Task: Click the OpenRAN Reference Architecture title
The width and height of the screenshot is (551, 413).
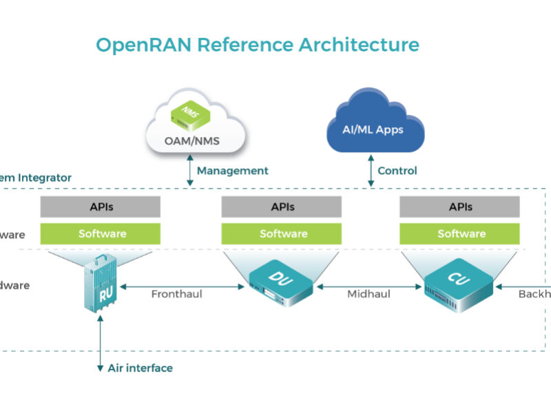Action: click(x=257, y=45)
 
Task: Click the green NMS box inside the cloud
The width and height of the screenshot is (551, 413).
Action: click(x=188, y=114)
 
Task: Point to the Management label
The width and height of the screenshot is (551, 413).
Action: click(x=232, y=171)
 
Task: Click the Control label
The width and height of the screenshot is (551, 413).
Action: click(x=397, y=171)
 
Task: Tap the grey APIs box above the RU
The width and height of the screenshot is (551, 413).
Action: click(x=101, y=206)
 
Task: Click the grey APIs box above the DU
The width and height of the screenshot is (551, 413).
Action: click(x=281, y=206)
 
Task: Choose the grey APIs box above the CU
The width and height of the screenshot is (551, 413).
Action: click(x=461, y=206)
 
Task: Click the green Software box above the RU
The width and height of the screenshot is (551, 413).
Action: click(x=101, y=234)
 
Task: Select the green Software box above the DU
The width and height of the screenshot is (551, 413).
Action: click(x=281, y=234)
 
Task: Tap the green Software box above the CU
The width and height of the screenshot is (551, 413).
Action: click(x=461, y=234)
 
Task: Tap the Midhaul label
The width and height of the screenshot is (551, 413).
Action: click(x=368, y=295)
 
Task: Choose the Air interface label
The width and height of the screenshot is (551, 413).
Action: click(x=140, y=368)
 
